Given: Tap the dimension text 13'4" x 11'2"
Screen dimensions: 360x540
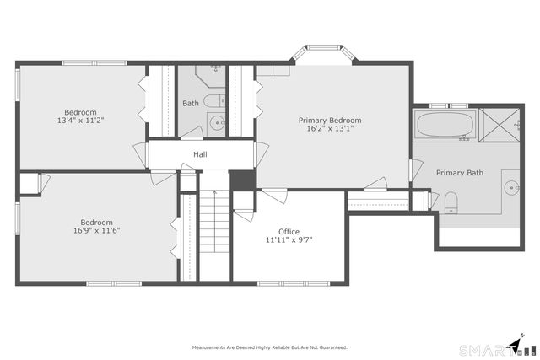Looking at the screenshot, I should (81, 121).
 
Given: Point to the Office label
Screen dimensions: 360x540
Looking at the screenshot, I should (289, 231).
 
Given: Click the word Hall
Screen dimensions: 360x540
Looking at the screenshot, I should (200, 154).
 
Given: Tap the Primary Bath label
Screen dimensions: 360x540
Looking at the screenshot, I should (460, 173).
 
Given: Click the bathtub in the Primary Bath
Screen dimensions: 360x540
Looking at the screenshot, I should (445, 126).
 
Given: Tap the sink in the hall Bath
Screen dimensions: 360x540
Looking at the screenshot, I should (216, 124).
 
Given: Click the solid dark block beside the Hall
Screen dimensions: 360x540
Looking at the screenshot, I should (242, 180).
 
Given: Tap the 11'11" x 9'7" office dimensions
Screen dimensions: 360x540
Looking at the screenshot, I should (289, 239).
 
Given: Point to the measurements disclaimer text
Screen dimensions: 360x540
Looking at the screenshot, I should (269, 347).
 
